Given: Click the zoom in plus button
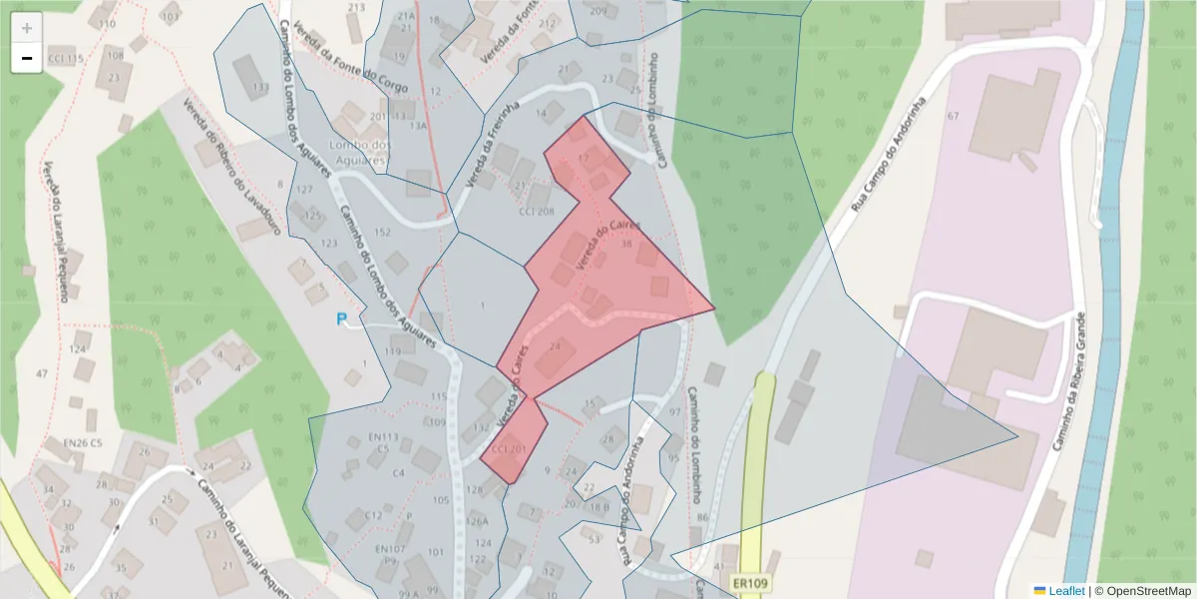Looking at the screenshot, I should [27, 28].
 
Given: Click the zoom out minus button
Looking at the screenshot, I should [27, 58].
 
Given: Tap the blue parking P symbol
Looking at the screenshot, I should [342, 320].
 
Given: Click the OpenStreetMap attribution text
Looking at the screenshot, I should [1142, 591].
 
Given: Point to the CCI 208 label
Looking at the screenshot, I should [537, 212].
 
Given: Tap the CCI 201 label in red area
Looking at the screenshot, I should [509, 450].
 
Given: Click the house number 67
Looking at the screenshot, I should [953, 117].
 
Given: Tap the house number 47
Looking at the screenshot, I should [41, 373].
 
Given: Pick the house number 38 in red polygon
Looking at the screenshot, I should [626, 244].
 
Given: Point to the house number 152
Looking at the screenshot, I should [382, 233].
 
